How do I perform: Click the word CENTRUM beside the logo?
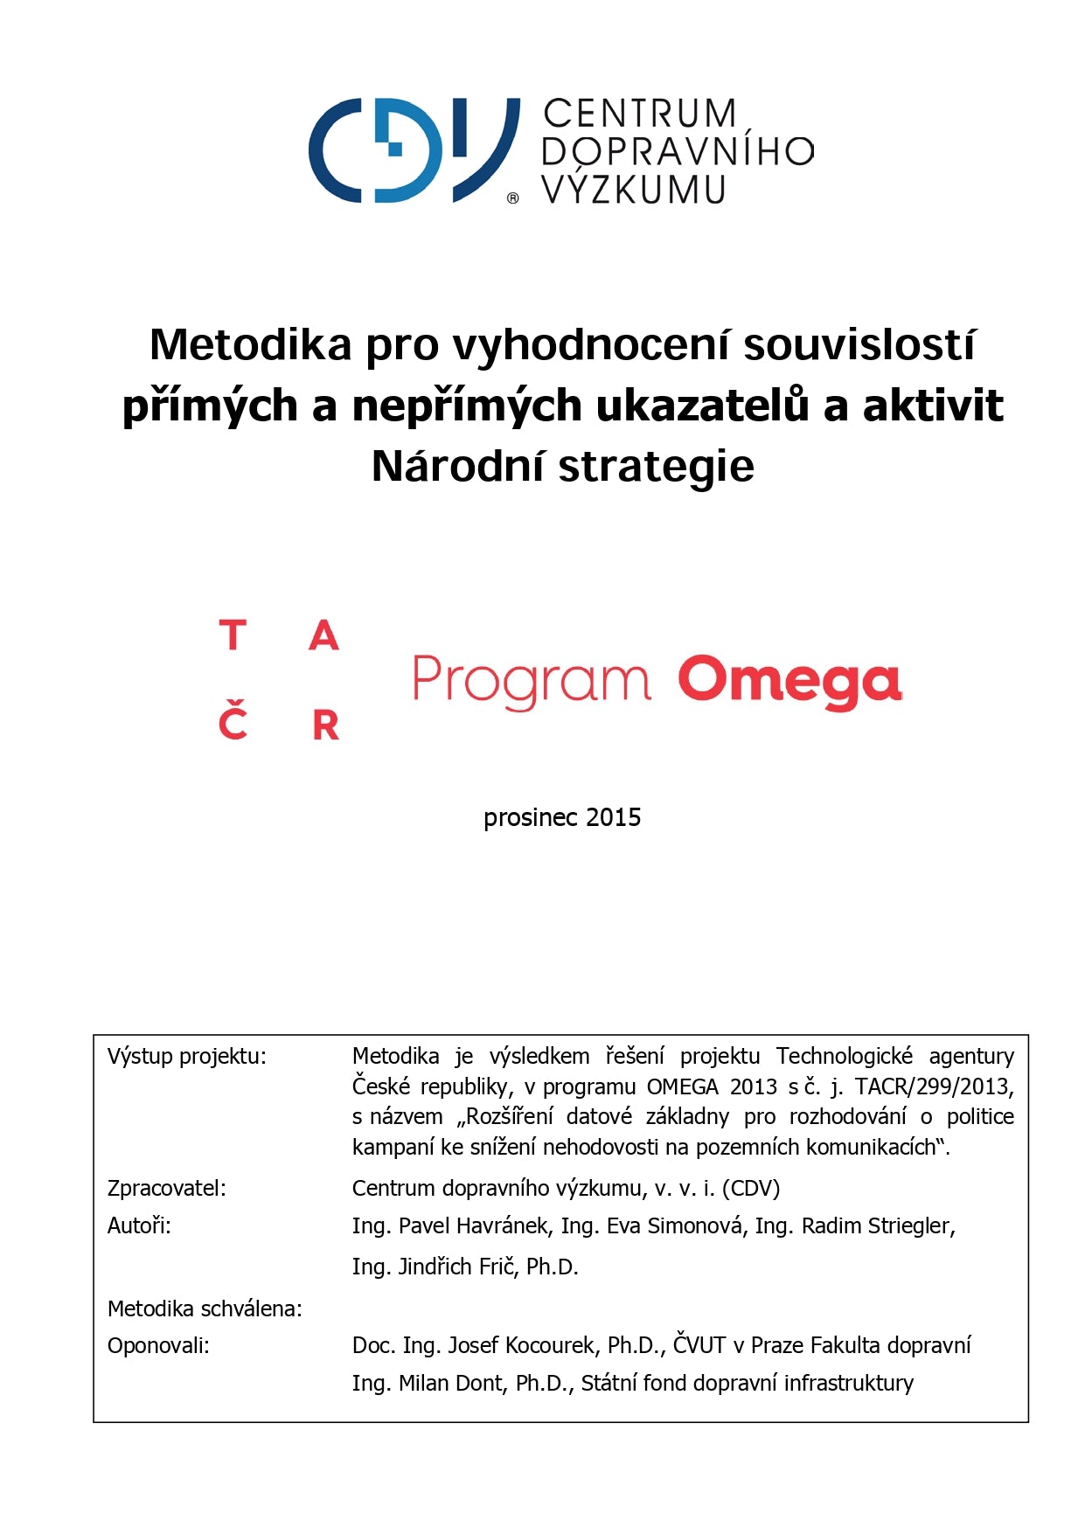639,115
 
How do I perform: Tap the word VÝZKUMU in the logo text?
633,190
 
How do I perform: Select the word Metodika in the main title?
250,344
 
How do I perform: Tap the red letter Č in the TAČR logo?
233,721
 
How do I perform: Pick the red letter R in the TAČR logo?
325,725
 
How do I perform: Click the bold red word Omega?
789,681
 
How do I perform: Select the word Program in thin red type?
531,681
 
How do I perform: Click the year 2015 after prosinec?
613,817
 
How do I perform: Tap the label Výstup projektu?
186,1056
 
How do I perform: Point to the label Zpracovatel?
166,1188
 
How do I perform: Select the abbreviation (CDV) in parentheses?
751,1188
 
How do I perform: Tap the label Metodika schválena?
205,1308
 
